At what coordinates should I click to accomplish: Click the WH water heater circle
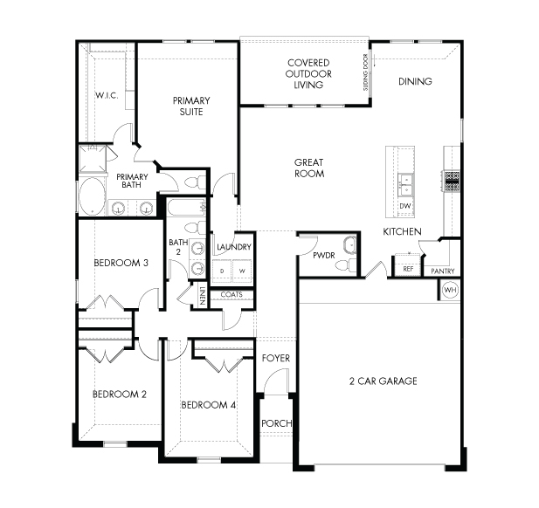450,290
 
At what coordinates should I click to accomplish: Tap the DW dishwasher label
405,206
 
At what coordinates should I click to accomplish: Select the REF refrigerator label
408,269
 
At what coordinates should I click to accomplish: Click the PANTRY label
443,271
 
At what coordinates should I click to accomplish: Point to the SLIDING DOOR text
365,72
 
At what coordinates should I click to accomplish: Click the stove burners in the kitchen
452,181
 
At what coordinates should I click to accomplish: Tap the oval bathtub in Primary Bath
92,196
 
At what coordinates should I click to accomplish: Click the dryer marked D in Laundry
222,271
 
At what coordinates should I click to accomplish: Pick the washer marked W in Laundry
242,271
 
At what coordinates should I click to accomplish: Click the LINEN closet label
202,296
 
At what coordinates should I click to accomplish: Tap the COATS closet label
231,295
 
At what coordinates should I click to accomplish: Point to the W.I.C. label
107,95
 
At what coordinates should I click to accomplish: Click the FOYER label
276,358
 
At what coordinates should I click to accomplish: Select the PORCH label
277,423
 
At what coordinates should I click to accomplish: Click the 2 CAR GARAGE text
384,381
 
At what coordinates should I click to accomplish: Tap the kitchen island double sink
405,185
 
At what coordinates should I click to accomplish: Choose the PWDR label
324,256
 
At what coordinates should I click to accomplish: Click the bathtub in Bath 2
187,207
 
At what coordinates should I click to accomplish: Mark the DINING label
415,81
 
